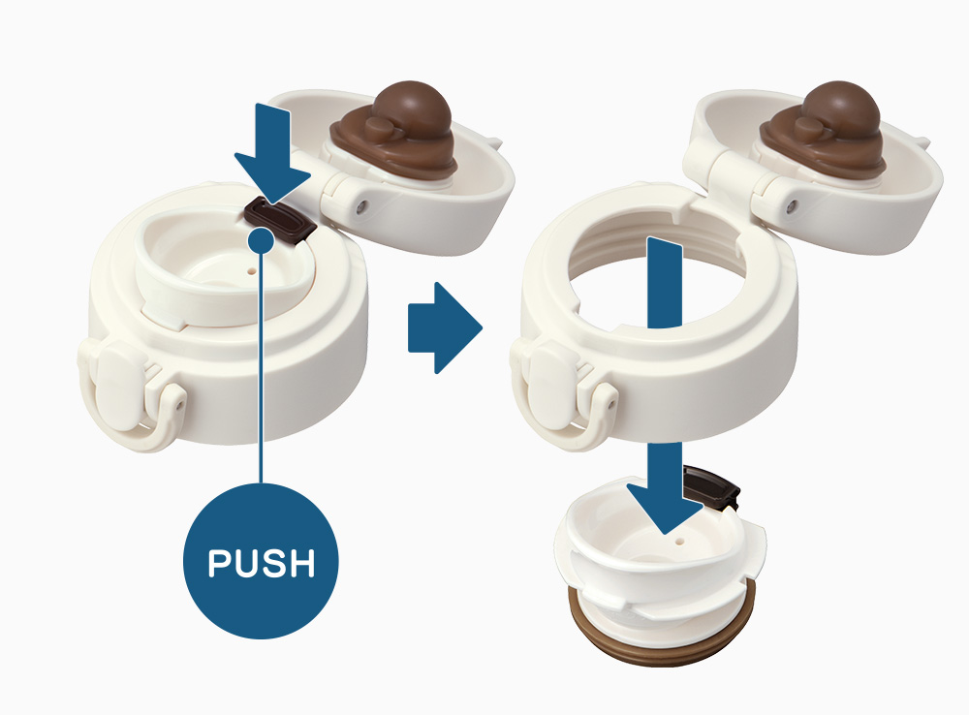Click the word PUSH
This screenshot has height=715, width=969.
point(262,562)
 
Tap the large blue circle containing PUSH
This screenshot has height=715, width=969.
point(261,561)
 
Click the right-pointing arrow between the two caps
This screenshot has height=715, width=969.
point(445,327)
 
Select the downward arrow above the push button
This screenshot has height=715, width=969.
point(272,153)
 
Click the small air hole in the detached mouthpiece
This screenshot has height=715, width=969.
point(680,542)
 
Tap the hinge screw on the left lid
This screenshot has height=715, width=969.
point(361,205)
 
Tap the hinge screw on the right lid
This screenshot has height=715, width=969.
point(792,205)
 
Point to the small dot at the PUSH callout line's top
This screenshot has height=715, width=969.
point(262,239)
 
